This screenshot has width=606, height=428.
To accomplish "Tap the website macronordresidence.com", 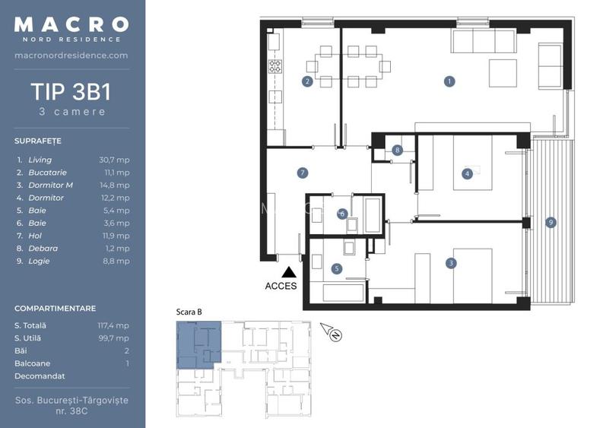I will pyautogui.click(x=71, y=55).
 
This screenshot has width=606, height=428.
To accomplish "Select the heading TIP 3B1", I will pyautogui.click(x=71, y=92).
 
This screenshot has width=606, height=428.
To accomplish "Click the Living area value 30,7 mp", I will pyautogui.click(x=114, y=160).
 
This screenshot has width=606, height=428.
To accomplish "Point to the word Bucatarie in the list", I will pyautogui.click(x=47, y=173).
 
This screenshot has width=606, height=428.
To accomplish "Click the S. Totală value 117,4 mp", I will pyautogui.click(x=113, y=325).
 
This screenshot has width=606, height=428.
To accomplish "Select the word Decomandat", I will pyautogui.click(x=40, y=376).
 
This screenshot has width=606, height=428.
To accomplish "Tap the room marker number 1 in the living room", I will pyautogui.click(x=449, y=81).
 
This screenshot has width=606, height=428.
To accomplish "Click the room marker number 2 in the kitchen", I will pyautogui.click(x=307, y=81).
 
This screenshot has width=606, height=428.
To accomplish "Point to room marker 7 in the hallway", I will pyautogui.click(x=303, y=173).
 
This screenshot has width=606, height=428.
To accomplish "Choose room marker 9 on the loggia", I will pyautogui.click(x=550, y=223).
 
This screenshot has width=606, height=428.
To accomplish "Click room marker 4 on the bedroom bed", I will pyautogui.click(x=467, y=174).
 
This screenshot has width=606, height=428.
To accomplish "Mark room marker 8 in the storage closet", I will pyautogui.click(x=397, y=151).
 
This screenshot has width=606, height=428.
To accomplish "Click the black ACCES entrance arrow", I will pyautogui.click(x=288, y=271).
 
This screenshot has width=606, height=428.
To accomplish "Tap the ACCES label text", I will pyautogui.click(x=281, y=286).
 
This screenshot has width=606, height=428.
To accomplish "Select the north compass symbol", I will pyautogui.click(x=332, y=332).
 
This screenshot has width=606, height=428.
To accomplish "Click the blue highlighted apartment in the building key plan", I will pyautogui.click(x=199, y=344).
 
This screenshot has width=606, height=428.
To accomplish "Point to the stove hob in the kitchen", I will pyautogui.click(x=275, y=66).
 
